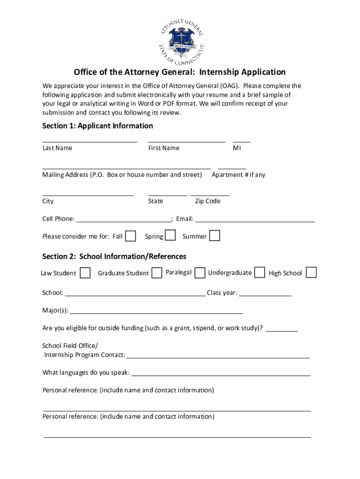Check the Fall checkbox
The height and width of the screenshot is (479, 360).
click(x=131, y=236)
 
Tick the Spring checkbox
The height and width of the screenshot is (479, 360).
click(x=171, y=235)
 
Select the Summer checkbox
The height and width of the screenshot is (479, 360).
click(x=215, y=235)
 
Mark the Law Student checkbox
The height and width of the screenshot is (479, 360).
click(x=85, y=273)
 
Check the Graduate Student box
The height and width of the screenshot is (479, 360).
click(x=157, y=272)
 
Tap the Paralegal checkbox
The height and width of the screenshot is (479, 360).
click(x=200, y=272)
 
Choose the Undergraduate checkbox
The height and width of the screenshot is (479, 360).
click(x=260, y=272)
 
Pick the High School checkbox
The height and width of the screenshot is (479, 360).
click(x=311, y=272)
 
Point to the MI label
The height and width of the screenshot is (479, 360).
click(x=237, y=148)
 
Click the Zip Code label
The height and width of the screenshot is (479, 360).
click(x=208, y=201)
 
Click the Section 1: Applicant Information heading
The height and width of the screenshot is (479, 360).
click(x=98, y=126)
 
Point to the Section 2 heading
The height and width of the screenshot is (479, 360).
click(x=115, y=256)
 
